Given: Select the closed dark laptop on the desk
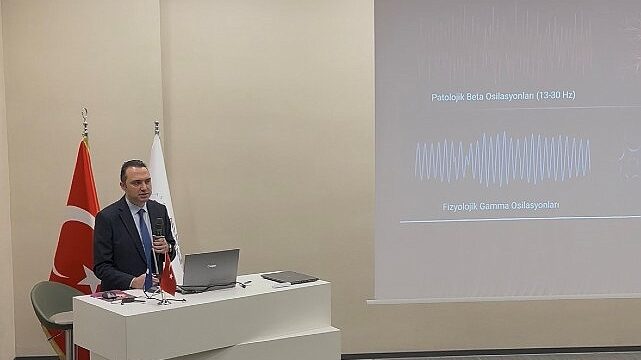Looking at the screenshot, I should (x=289, y=277).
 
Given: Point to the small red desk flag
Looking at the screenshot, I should (x=167, y=275).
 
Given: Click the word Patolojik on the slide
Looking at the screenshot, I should (x=450, y=96).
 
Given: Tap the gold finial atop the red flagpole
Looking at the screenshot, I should (x=85, y=121).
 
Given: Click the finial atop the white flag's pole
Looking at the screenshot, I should (x=156, y=127).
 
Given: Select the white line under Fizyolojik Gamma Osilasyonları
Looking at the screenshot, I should (x=520, y=218).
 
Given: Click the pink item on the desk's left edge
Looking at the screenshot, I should (x=109, y=295).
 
